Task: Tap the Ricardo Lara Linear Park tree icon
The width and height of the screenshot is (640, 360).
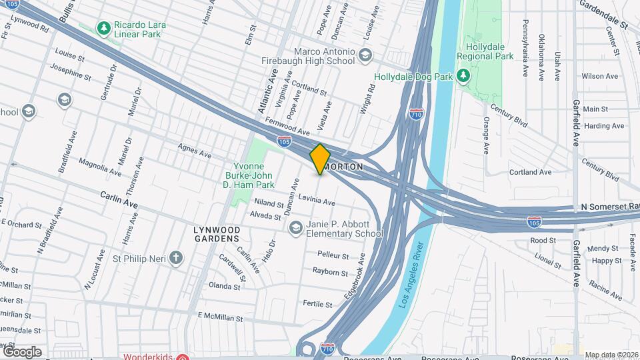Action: click(103, 27)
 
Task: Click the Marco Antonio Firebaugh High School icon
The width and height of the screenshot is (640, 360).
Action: click(365, 55)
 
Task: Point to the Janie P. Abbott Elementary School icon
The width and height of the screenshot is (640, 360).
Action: click(295, 228)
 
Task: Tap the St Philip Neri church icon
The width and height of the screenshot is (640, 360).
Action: click(176, 258)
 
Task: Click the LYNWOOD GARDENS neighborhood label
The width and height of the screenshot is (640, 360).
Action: click(216, 234)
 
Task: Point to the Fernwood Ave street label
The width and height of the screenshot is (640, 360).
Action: click(287, 124)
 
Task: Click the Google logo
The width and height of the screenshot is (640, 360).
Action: click(22, 351)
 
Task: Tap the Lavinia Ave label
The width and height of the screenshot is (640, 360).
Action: click(316, 199)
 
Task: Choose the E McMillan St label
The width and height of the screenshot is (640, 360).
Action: click(220, 317)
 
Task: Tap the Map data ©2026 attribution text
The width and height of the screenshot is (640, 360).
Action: click(610, 354)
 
